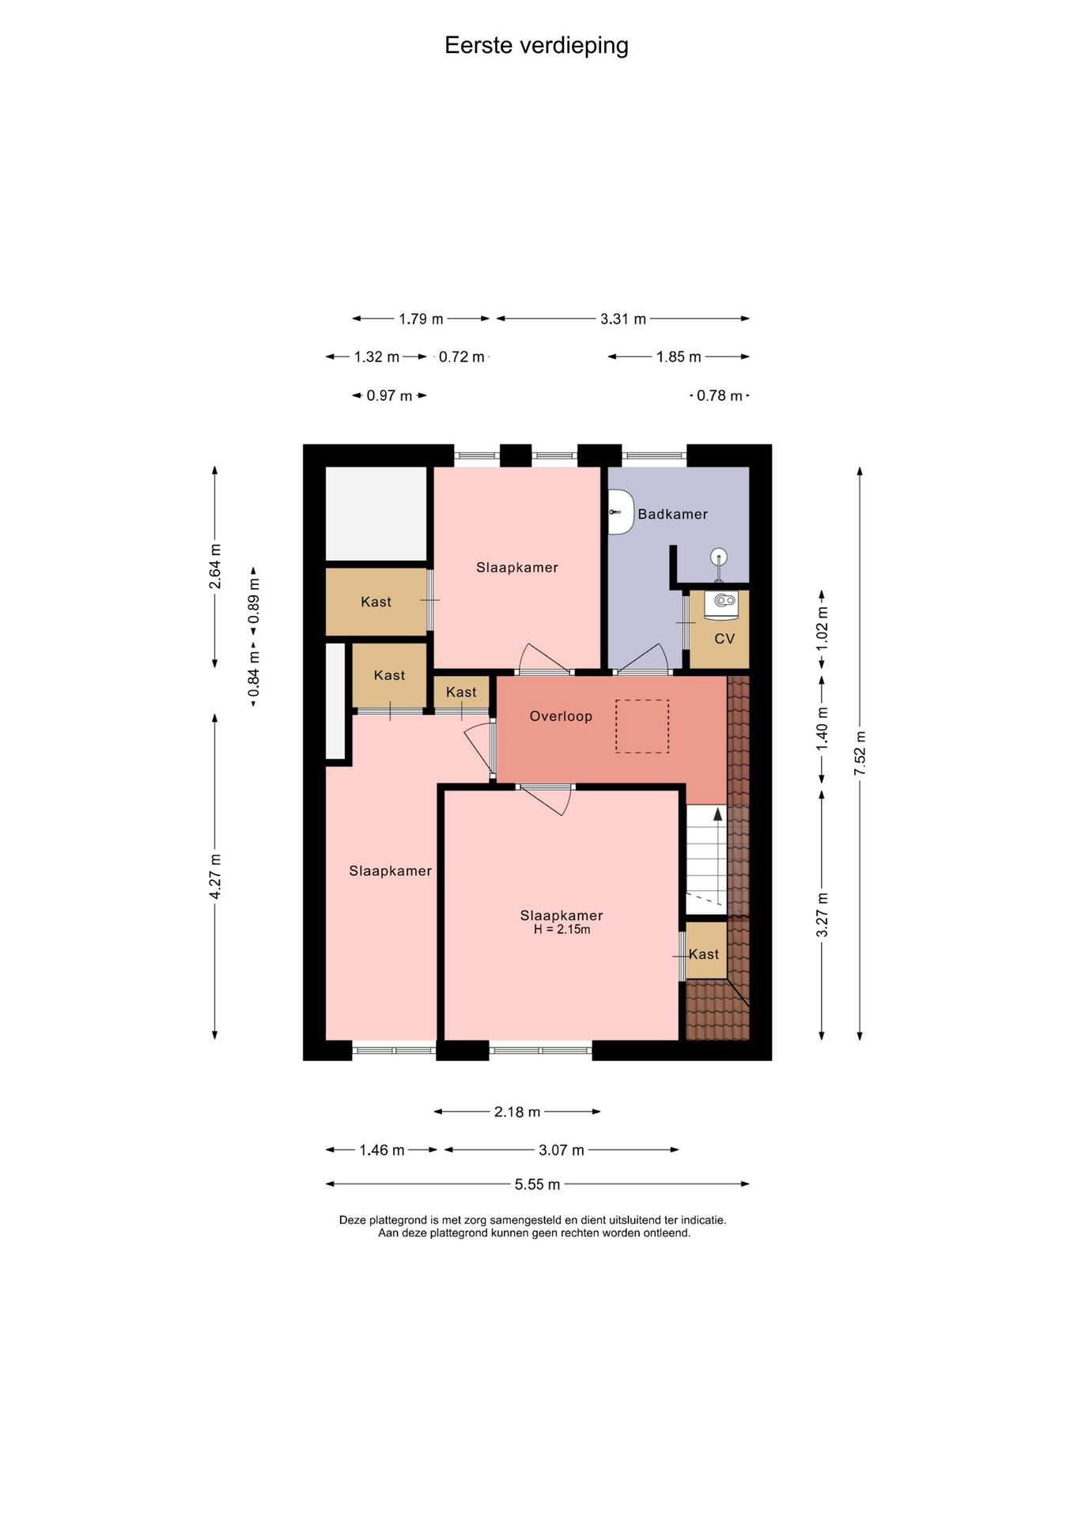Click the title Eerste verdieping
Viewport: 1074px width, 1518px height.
tap(536, 46)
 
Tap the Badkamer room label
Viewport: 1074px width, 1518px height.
tap(673, 514)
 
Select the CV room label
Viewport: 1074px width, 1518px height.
tap(724, 638)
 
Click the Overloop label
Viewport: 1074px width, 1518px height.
tap(561, 716)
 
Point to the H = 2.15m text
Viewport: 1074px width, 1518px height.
tap(562, 930)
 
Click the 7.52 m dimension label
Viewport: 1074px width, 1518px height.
tap(860, 753)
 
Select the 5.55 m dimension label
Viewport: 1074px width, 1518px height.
tap(537, 1184)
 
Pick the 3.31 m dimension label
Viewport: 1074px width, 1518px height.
tap(623, 319)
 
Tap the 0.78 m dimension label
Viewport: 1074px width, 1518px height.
tap(720, 395)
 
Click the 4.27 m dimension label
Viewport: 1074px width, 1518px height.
tap(215, 876)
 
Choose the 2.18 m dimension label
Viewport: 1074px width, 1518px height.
tap(517, 1112)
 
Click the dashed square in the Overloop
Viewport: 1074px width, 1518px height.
tap(642, 726)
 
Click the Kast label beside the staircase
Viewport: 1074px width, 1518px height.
tap(704, 954)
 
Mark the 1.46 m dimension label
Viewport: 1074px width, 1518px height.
tap(382, 1150)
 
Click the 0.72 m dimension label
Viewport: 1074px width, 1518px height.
tap(462, 357)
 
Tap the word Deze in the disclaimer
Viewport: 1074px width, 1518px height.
tap(352, 1220)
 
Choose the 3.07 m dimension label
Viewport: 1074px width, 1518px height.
tap(562, 1150)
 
